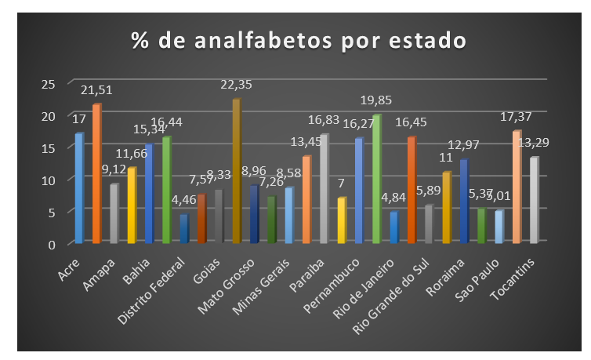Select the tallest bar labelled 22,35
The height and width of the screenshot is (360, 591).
[x=236, y=173]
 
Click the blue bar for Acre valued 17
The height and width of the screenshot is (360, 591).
[x=78, y=188]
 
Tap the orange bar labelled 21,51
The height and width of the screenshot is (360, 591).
[x=96, y=174]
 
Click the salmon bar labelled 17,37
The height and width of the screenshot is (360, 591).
[x=517, y=187]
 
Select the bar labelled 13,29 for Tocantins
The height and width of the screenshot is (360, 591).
[x=534, y=201]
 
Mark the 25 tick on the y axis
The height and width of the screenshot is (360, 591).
[x=48, y=83]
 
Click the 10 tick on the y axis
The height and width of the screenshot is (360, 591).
[x=48, y=180]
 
